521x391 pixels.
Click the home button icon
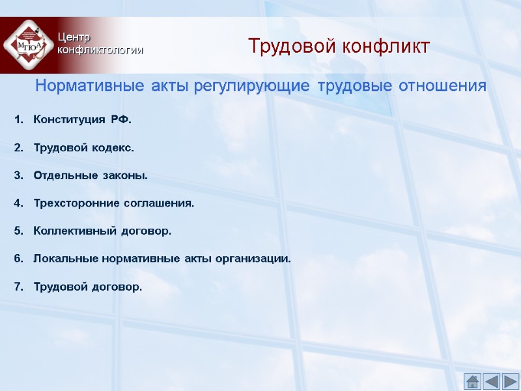tap(473, 381)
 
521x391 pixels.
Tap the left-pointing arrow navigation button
tap(492, 381)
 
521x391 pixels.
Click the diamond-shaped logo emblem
tap(25, 45)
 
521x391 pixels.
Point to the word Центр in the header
tap(73, 37)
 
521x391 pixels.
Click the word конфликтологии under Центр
tap(100, 50)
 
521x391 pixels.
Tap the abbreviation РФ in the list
tap(120, 120)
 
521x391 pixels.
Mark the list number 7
tap(18, 286)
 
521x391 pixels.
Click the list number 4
tap(18, 203)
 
